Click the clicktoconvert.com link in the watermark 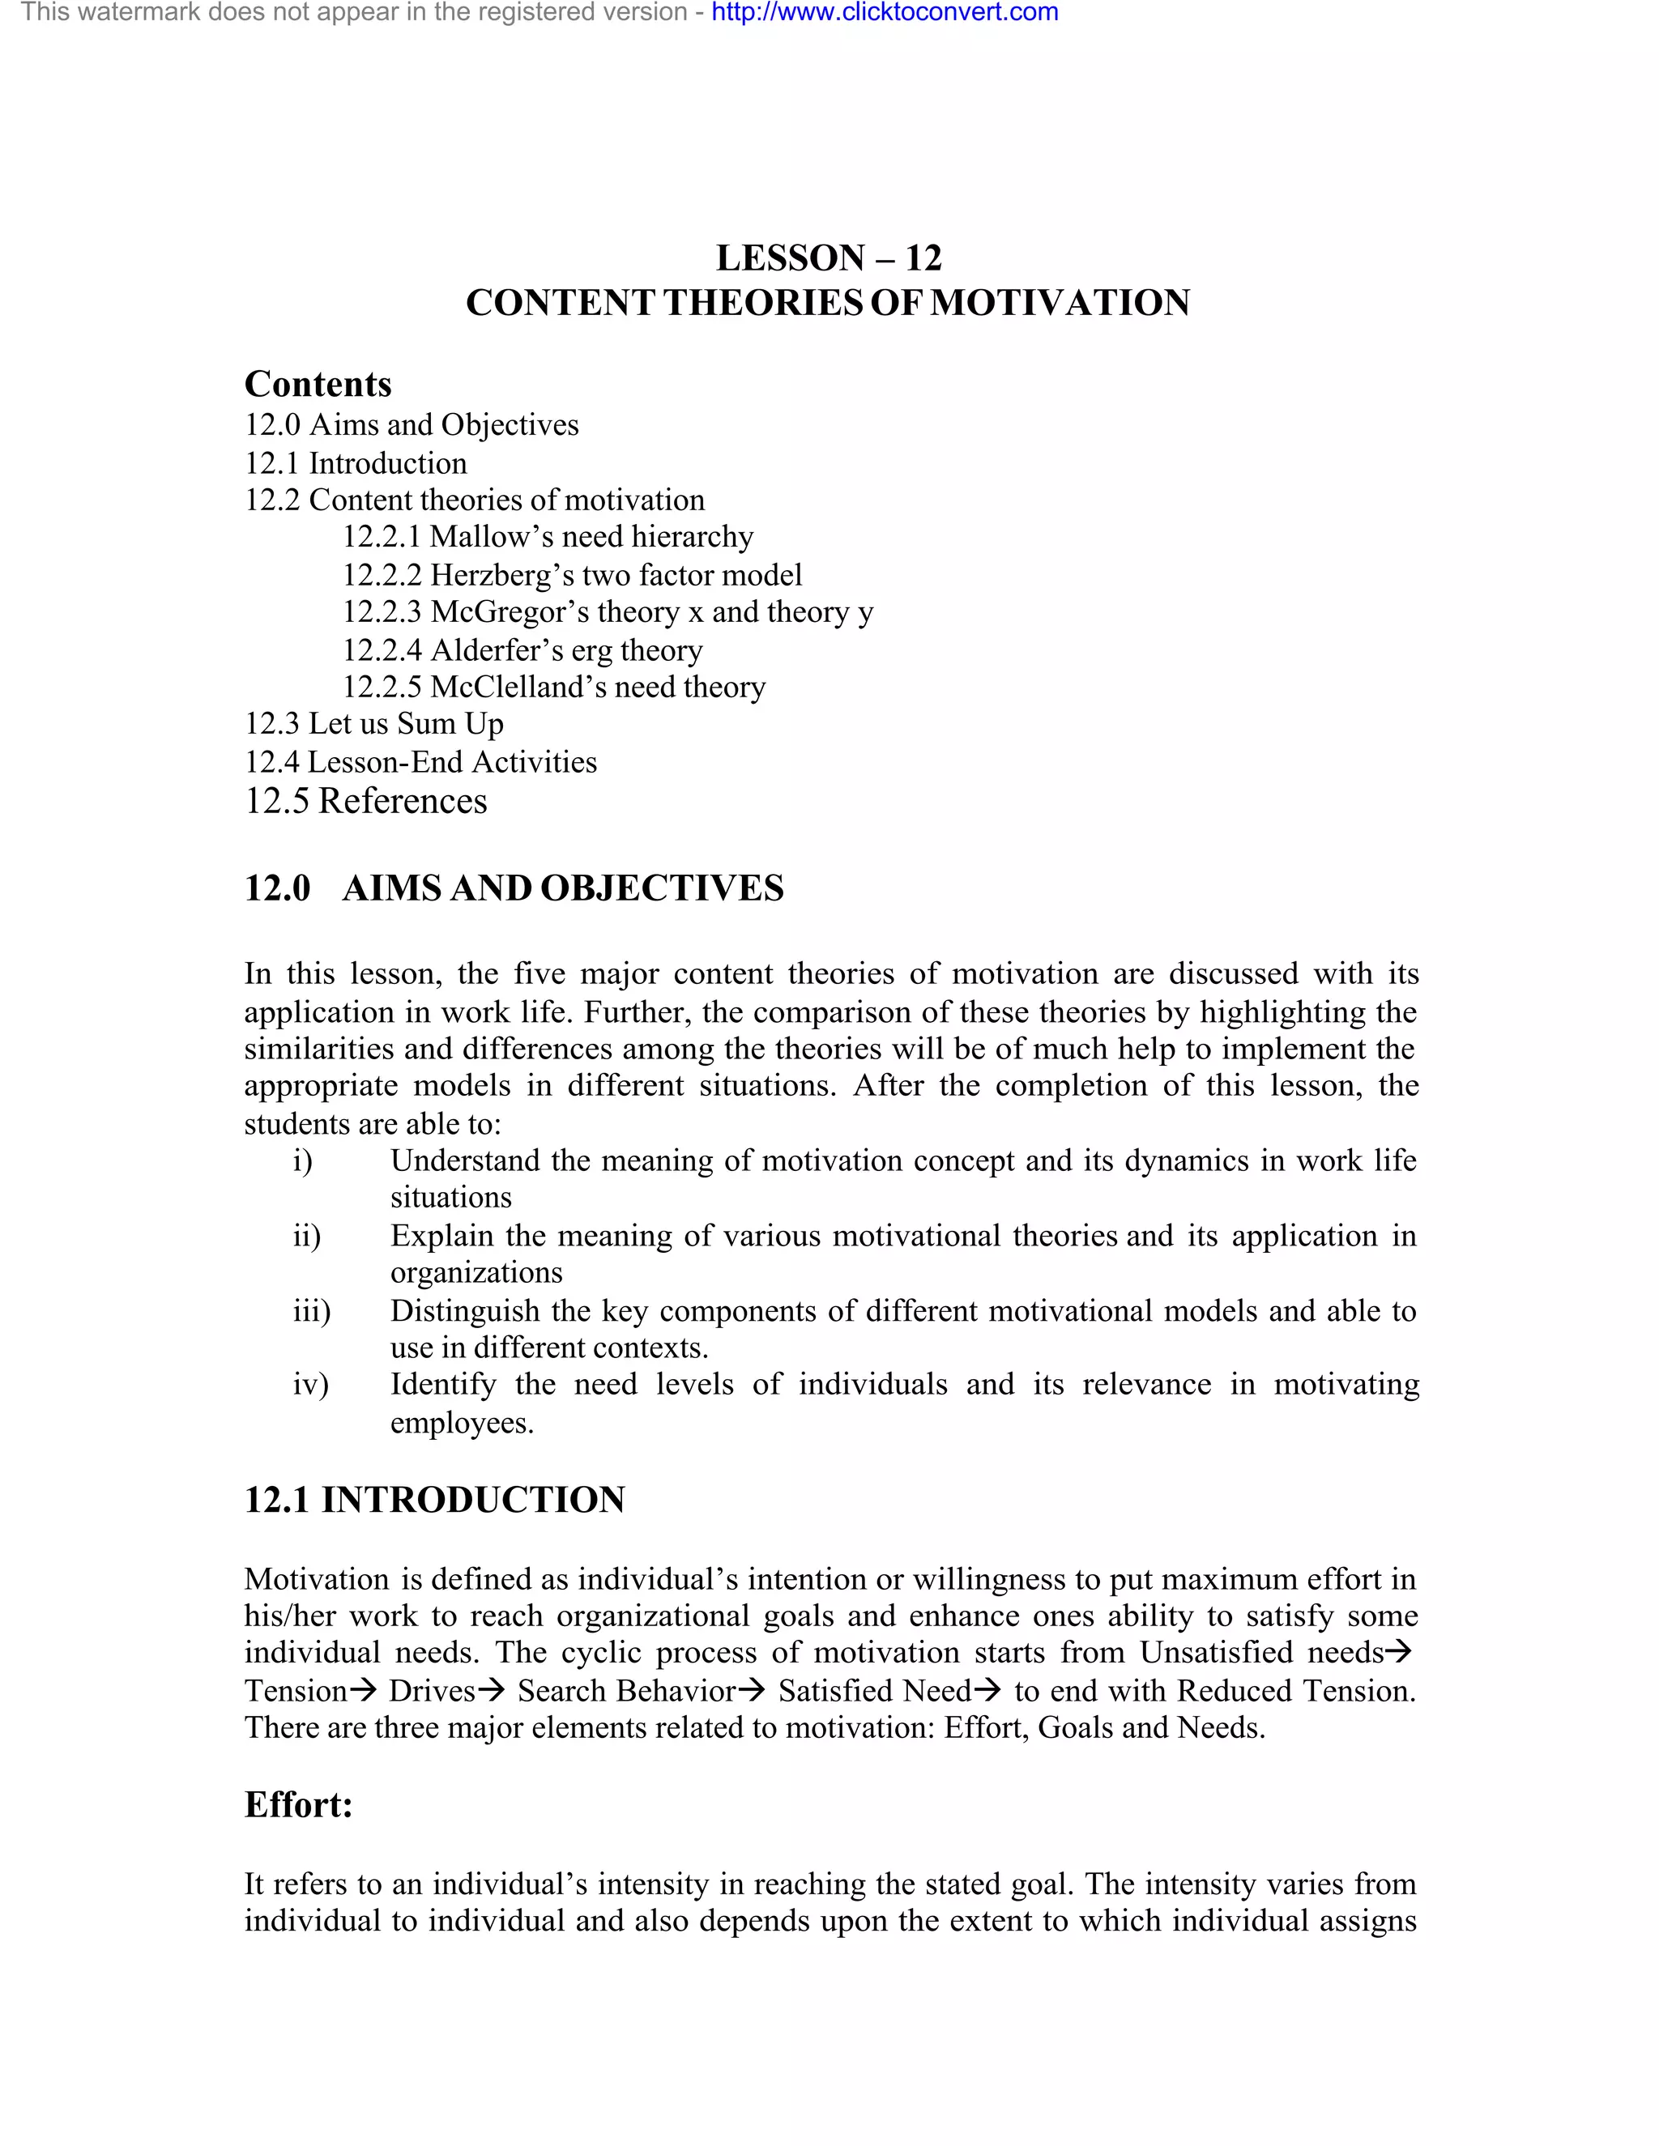pyautogui.click(x=885, y=13)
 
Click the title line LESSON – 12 pyautogui.click(x=829, y=258)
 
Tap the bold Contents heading pyautogui.click(x=318, y=384)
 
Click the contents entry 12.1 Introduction pyautogui.click(x=356, y=462)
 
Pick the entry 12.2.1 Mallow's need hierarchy pyautogui.click(x=548, y=536)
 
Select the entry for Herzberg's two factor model pyautogui.click(x=572, y=575)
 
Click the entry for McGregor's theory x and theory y pyautogui.click(x=608, y=612)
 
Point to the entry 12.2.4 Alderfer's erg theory pyautogui.click(x=522, y=650)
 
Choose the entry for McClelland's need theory pyautogui.click(x=553, y=687)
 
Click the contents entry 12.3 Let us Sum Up pyautogui.click(x=373, y=724)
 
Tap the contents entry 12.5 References pyautogui.click(x=365, y=801)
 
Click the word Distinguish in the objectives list pyautogui.click(x=469, y=1311)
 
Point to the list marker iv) pyautogui.click(x=310, y=1385)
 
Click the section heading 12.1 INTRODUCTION pyautogui.click(x=434, y=1501)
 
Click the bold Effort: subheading pyautogui.click(x=299, y=1805)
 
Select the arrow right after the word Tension pyautogui.click(x=363, y=1691)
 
